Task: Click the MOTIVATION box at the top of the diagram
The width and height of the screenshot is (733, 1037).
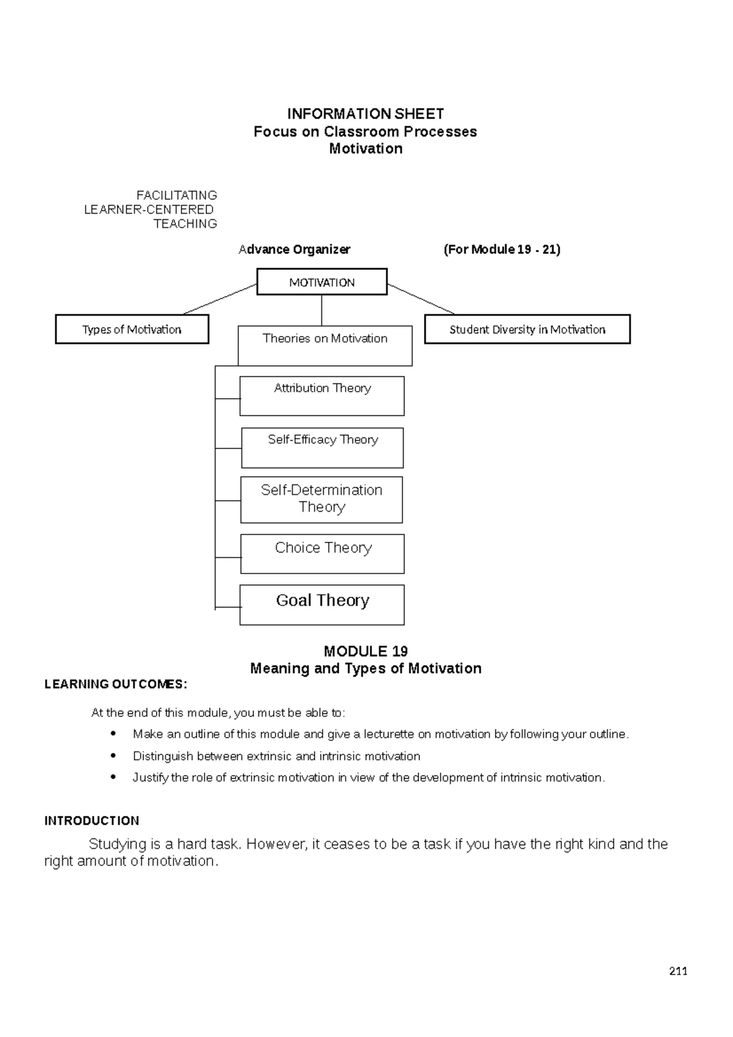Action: click(x=322, y=282)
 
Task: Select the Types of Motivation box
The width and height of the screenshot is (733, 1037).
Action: click(x=132, y=329)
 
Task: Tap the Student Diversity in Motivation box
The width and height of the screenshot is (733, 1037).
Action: click(x=527, y=329)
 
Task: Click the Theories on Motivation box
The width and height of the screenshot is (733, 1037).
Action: click(x=325, y=346)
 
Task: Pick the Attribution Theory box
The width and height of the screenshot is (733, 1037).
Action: click(x=322, y=396)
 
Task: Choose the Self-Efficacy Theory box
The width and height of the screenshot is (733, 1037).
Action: click(x=323, y=448)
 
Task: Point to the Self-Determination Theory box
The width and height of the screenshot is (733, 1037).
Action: click(x=321, y=500)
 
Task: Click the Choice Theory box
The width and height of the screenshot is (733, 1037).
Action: click(x=323, y=554)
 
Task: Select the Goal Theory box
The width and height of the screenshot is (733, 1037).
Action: click(x=322, y=605)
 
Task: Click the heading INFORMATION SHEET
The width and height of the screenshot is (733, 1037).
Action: click(x=365, y=114)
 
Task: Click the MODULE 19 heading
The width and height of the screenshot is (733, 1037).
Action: click(x=365, y=651)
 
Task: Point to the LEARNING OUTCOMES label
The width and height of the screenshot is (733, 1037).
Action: click(x=115, y=684)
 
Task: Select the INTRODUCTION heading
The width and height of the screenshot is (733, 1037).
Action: click(x=92, y=821)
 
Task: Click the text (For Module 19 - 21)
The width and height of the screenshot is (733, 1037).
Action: click(x=501, y=249)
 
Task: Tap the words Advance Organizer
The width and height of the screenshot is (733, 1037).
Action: click(x=294, y=249)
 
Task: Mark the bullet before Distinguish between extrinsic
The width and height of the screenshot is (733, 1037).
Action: click(x=113, y=755)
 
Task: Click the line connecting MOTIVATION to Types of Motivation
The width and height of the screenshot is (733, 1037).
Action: click(x=220, y=299)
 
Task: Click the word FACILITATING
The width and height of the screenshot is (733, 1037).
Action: click(x=177, y=195)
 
